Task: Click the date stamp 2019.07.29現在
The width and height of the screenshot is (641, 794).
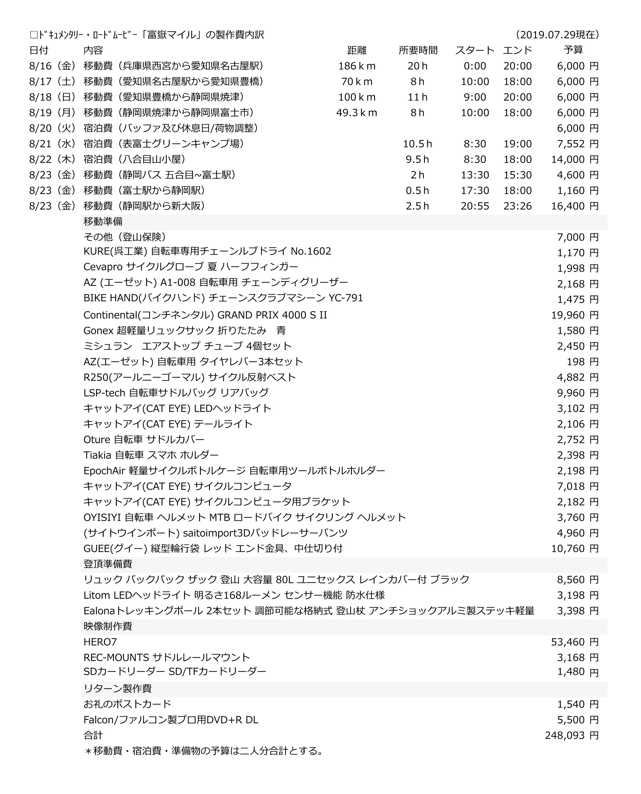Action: coord(557,35)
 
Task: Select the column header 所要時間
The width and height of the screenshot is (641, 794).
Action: coord(418,50)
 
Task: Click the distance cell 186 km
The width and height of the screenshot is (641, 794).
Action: coord(357,66)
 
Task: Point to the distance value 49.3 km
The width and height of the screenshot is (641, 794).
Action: coord(357,113)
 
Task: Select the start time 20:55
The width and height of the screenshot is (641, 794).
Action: coord(475,206)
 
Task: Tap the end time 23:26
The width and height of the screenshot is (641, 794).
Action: coord(517,206)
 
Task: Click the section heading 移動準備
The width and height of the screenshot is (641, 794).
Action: coord(103,221)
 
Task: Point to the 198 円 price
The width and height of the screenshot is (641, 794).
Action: coord(582,362)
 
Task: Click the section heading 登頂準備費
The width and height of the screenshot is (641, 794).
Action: coord(108,564)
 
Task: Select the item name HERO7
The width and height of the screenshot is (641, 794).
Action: coord(100,642)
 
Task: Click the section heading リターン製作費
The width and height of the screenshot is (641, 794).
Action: coord(117,688)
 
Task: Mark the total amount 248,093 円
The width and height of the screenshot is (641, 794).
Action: coord(572,735)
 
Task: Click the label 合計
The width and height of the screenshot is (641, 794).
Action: coord(93,735)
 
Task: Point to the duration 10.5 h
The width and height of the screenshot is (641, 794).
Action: coord(417,143)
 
